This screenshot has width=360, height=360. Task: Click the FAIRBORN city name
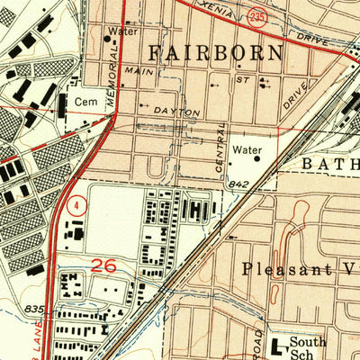point(215,52)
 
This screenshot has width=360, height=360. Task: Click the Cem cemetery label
point(85,103)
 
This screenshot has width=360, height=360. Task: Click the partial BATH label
point(329,164)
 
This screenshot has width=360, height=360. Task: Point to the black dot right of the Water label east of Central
point(257,158)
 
